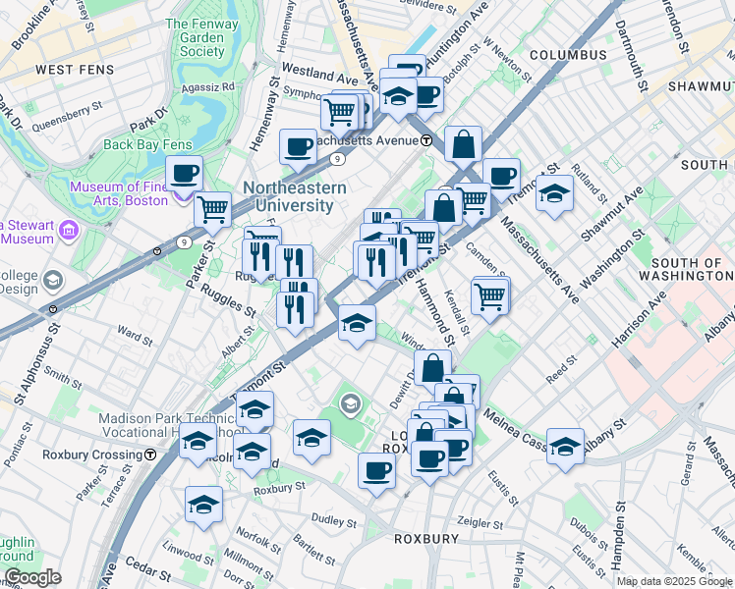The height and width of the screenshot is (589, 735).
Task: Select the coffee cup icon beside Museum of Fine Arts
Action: tap(184, 175)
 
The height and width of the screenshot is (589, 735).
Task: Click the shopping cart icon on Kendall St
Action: tap(489, 294)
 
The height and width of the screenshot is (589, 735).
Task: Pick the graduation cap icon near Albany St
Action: tap(565, 447)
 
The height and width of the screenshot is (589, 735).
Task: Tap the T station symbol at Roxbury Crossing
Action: tap(149, 455)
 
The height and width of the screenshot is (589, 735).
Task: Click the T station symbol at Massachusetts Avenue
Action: tap(426, 140)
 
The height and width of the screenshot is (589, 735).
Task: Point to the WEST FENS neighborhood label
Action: tap(74, 70)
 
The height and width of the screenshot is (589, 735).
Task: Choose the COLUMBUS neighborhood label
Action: tap(567, 55)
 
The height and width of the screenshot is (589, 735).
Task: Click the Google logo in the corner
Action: tap(31, 578)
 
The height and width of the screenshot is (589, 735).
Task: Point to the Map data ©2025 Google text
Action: tap(674, 581)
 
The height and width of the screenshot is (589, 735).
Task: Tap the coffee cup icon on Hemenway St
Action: tap(298, 148)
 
